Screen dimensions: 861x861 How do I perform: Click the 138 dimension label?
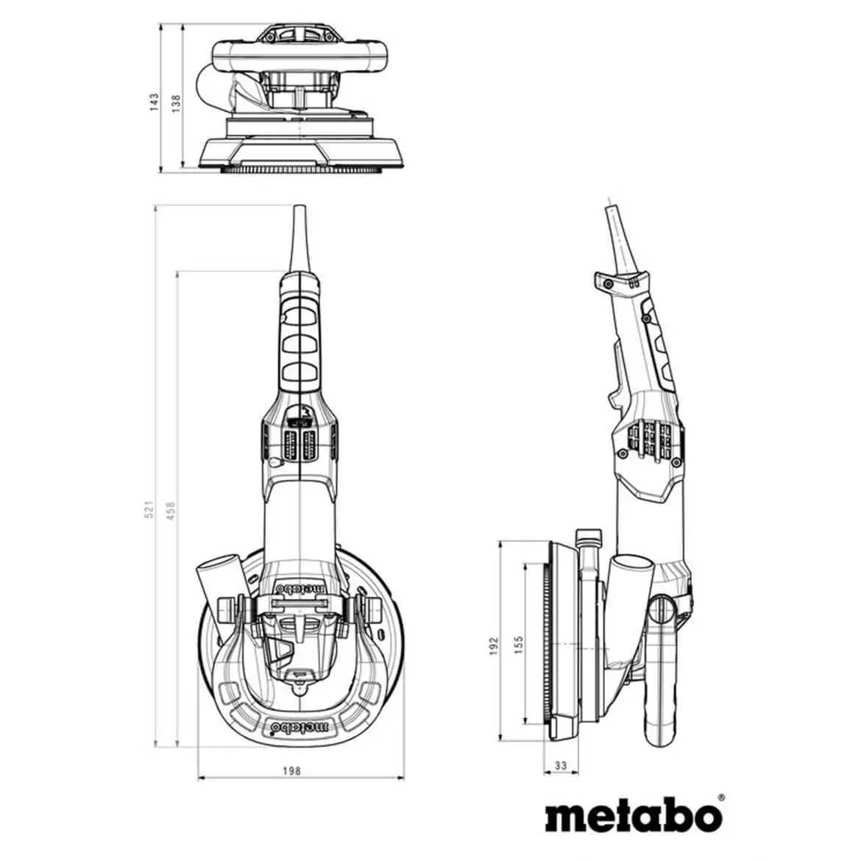(175, 104)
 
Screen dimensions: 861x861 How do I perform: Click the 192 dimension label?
(494, 645)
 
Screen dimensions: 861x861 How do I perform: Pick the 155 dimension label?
(518, 645)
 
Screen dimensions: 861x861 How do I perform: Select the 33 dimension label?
(561, 766)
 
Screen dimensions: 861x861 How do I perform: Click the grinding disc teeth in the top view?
(301, 170)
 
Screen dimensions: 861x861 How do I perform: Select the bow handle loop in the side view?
(662, 692)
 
